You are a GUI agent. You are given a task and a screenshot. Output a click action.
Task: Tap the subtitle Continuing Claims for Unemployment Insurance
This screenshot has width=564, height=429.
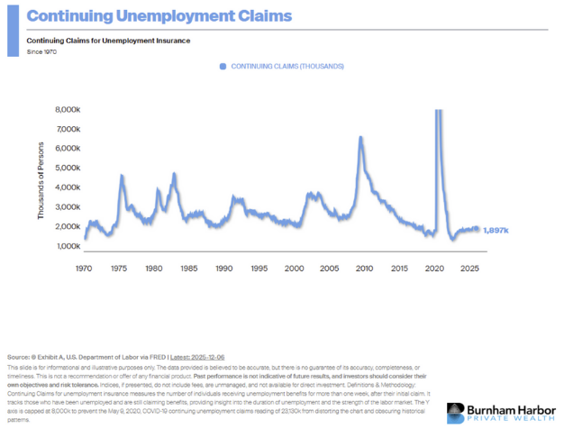pos(108,41)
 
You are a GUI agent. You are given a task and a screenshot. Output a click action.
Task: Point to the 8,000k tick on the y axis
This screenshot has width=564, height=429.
pos(68,110)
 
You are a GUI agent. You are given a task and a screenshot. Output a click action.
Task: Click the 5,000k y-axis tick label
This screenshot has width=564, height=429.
pos(68,168)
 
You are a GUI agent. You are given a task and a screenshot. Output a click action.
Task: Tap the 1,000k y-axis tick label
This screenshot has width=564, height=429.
pos(68,246)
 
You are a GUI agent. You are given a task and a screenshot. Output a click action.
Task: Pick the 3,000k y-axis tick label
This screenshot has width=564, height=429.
pos(68,207)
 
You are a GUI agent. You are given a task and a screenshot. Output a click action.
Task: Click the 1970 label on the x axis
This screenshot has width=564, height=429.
pos(85,269)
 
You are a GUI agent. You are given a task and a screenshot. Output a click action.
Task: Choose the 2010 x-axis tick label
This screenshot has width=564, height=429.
pos(363,269)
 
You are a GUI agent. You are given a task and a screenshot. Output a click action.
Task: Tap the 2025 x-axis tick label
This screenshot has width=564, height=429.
pos(468,269)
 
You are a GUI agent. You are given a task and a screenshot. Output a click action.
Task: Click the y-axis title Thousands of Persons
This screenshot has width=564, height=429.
pos(41,180)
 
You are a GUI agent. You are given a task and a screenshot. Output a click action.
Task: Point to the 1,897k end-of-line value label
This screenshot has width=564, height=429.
pos(496,230)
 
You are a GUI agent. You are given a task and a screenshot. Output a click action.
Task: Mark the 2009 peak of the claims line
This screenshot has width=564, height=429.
pos(360,138)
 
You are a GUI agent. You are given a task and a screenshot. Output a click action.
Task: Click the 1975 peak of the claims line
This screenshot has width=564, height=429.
pos(122,176)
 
